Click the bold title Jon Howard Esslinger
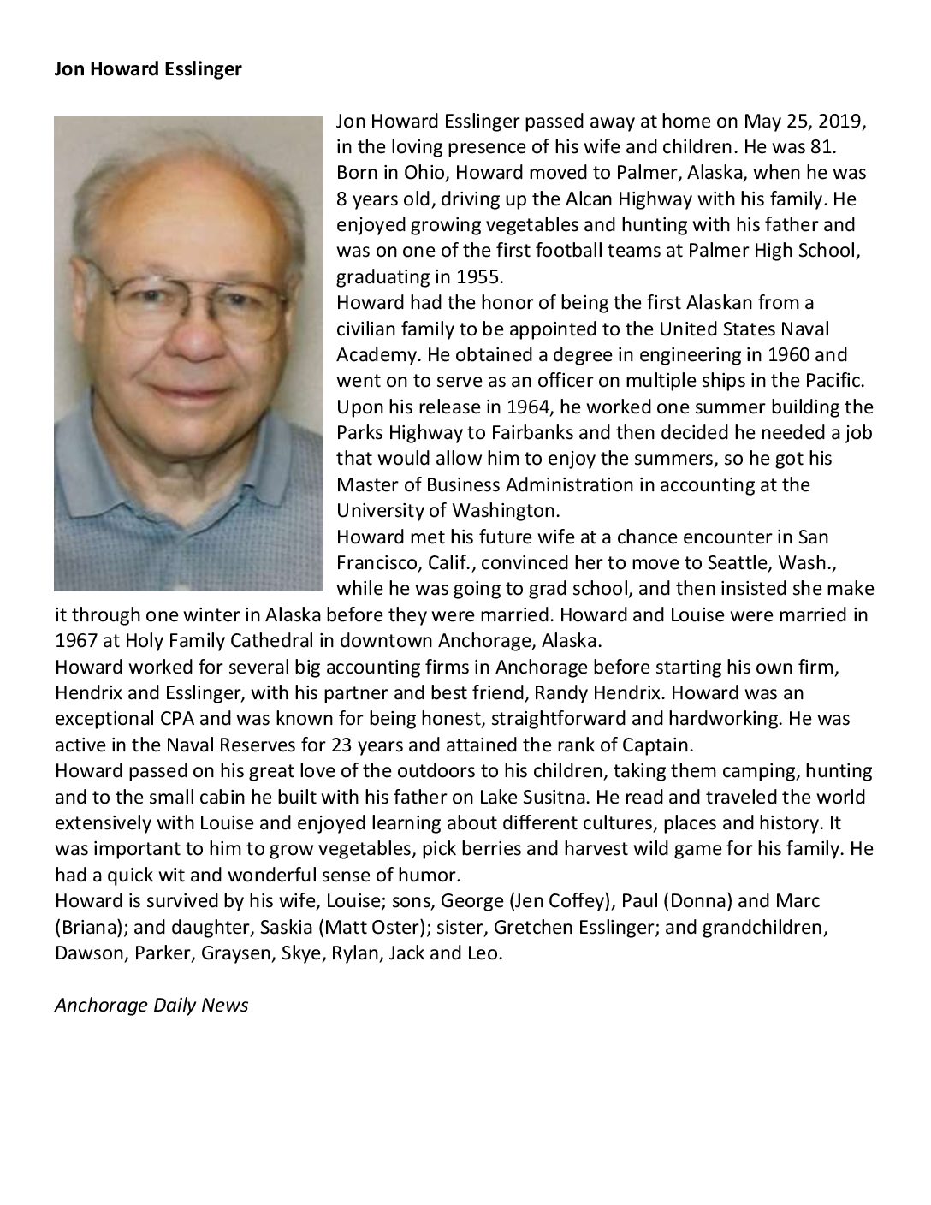point(148,69)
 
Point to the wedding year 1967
point(74,640)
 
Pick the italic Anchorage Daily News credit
point(151,1005)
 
